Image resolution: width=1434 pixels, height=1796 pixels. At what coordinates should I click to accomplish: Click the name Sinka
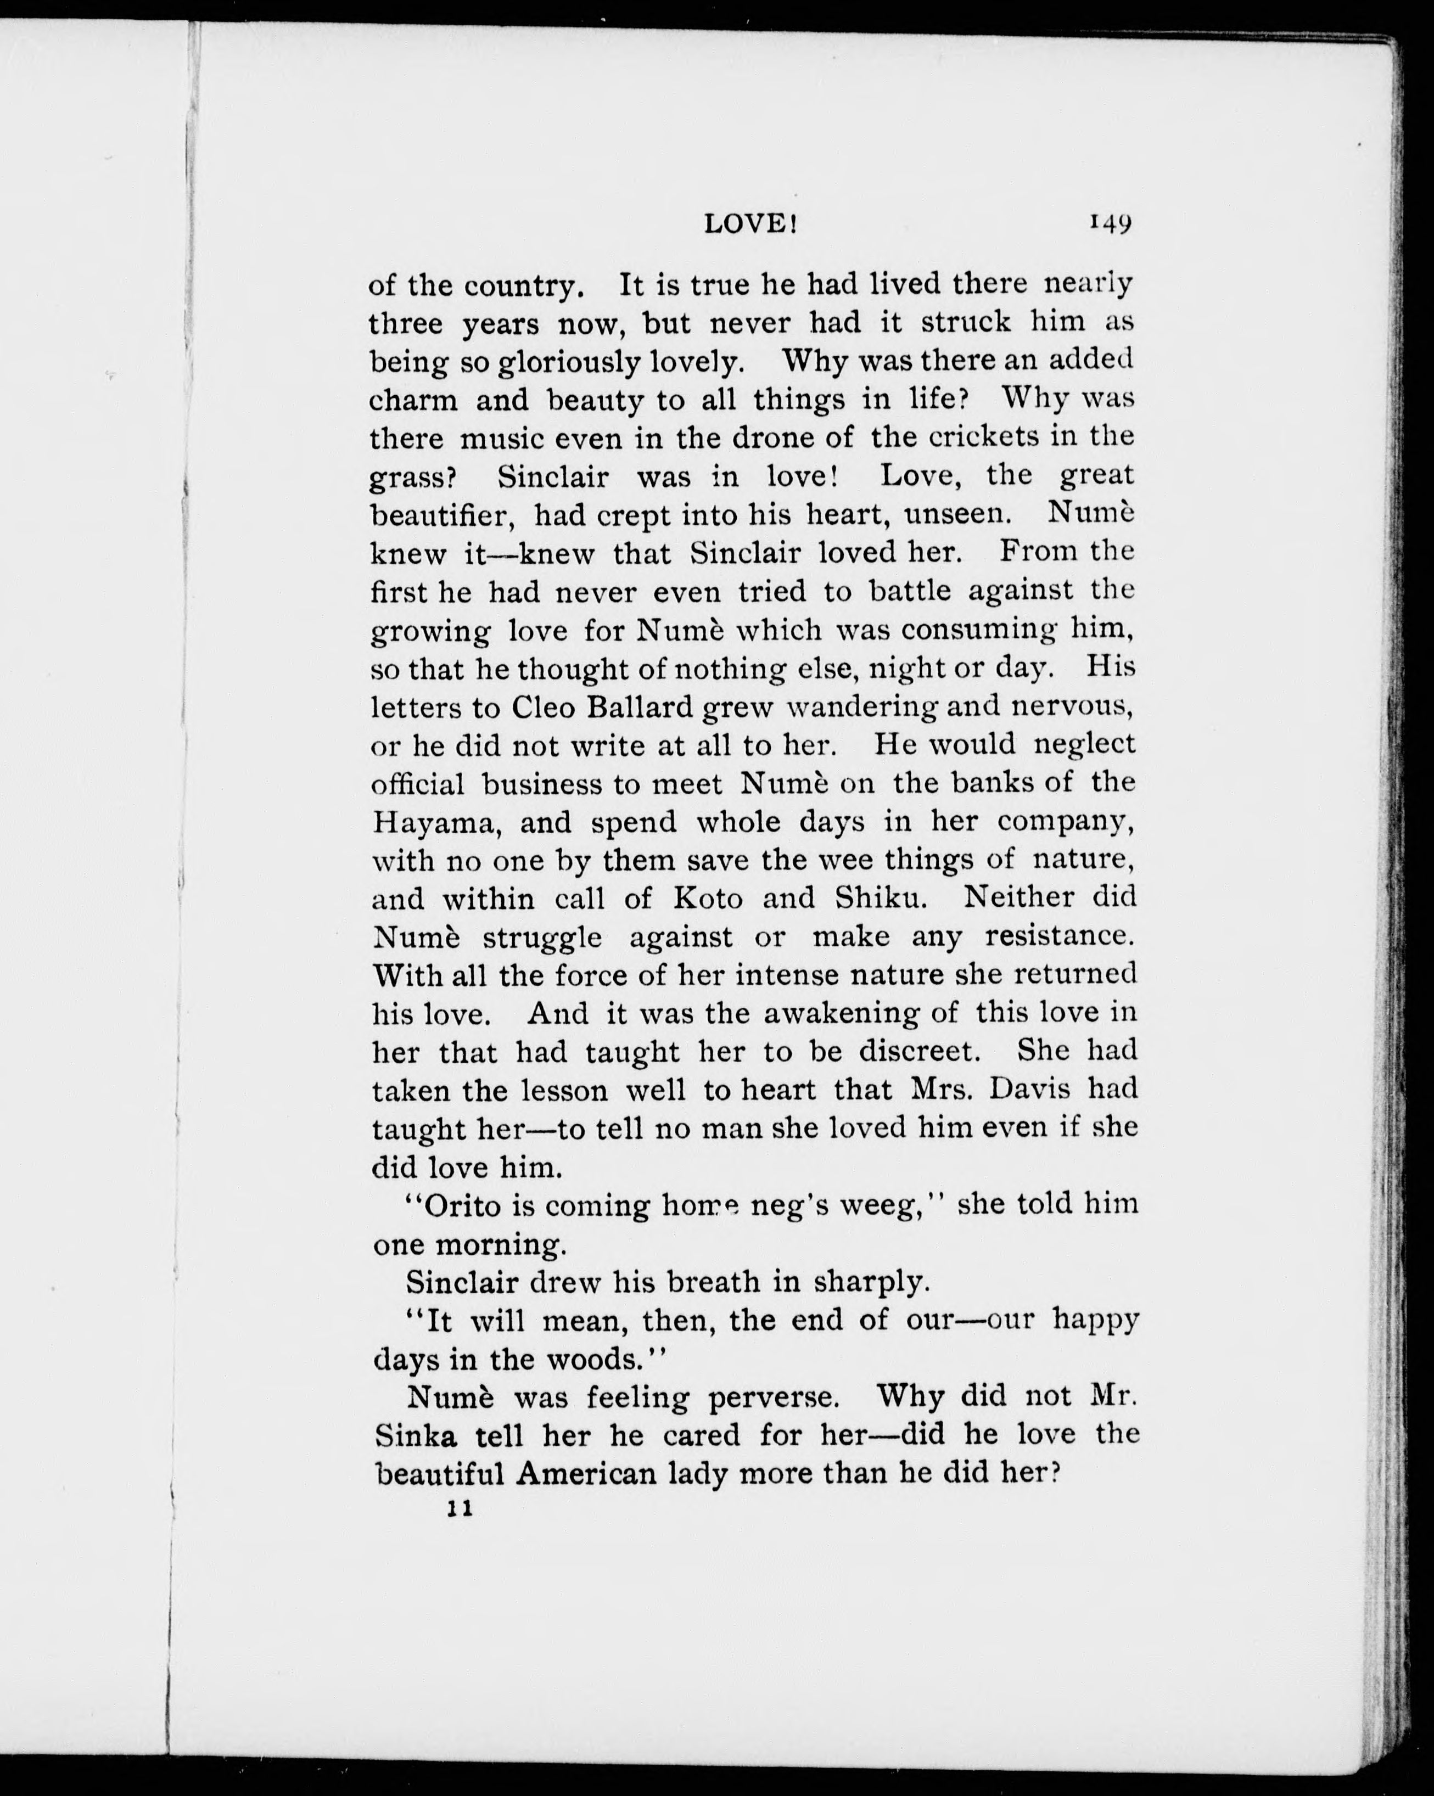[x=413, y=1435]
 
